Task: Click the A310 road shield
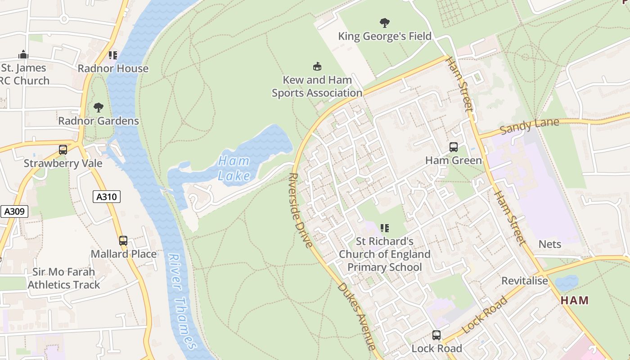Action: (x=107, y=197)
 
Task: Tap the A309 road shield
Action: (x=14, y=211)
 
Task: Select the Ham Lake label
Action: (x=234, y=168)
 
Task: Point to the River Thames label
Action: (x=182, y=301)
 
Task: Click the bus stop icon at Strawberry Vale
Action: (x=63, y=150)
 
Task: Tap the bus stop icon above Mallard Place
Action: (x=123, y=241)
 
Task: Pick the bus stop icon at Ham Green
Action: (x=453, y=147)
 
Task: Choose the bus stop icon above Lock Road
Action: (x=436, y=335)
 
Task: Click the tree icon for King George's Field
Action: (x=384, y=22)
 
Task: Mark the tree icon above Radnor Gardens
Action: (x=98, y=108)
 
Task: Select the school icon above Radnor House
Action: (x=112, y=55)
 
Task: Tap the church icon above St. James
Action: (x=23, y=55)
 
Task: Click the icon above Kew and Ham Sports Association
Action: (x=317, y=67)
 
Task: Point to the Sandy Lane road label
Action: (x=529, y=126)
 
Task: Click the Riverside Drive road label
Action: (x=300, y=210)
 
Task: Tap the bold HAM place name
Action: (x=575, y=300)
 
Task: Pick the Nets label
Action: (x=550, y=244)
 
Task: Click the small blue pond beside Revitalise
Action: (x=567, y=283)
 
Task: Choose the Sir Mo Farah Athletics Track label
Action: (x=63, y=278)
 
